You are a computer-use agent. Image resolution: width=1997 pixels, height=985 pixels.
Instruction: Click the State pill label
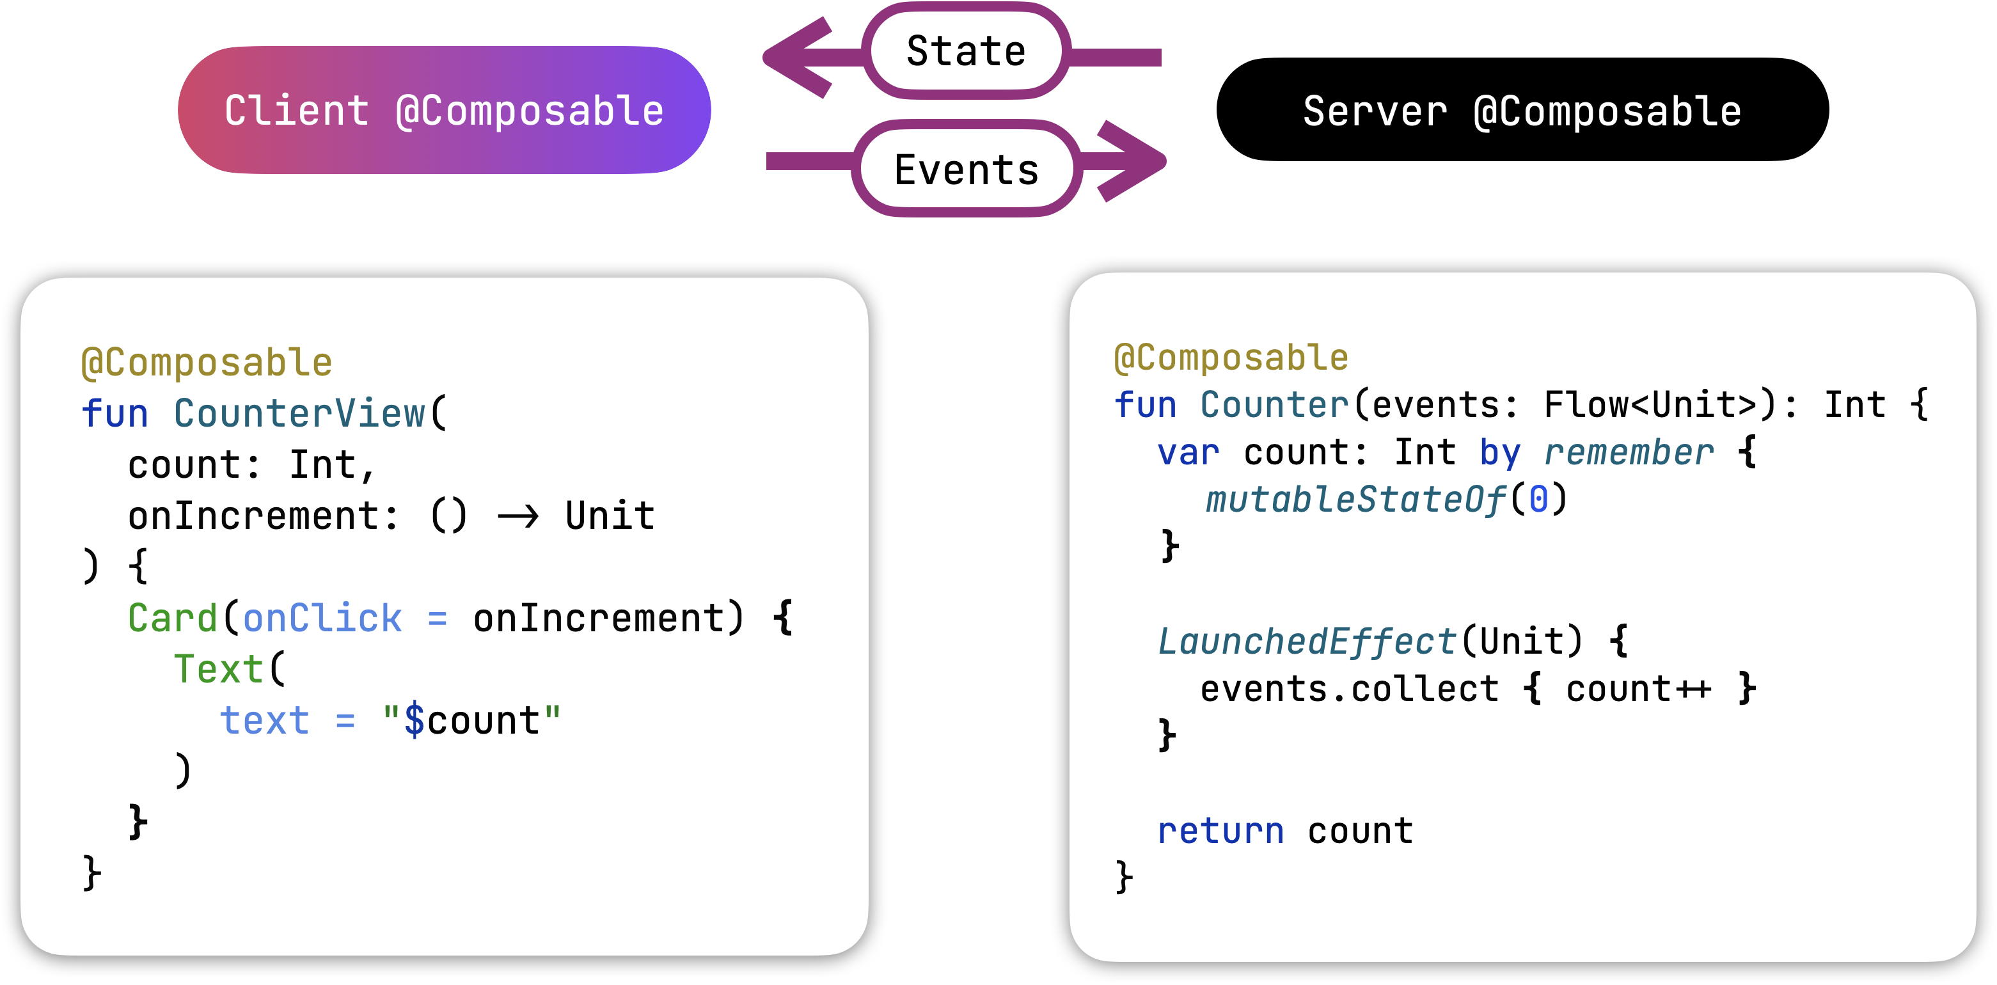(x=966, y=51)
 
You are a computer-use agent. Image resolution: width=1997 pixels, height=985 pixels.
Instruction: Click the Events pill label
(x=966, y=169)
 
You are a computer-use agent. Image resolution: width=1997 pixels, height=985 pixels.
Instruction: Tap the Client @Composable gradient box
(x=444, y=110)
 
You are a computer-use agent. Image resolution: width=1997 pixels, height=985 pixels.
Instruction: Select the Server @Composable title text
(x=1522, y=111)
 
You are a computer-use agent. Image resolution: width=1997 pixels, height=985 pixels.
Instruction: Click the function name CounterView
(x=299, y=413)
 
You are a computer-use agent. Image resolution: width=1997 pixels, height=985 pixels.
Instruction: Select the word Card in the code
(x=172, y=619)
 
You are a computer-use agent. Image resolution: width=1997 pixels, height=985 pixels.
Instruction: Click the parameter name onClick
(x=322, y=619)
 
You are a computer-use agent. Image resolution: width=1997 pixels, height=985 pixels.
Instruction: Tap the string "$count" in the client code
(x=471, y=721)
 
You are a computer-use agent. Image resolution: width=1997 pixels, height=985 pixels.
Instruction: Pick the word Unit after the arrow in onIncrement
(x=610, y=516)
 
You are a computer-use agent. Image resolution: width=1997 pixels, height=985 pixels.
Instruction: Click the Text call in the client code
(x=219, y=670)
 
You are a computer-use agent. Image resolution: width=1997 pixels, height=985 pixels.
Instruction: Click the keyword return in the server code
(x=1221, y=831)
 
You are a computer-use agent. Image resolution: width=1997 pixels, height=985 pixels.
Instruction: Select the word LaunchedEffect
(x=1307, y=642)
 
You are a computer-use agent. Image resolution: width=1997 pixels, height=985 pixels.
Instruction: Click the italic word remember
(x=1629, y=453)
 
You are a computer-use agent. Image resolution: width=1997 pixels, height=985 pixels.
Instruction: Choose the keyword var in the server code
(x=1188, y=453)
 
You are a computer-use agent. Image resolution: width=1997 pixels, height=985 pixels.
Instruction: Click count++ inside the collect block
(x=1638, y=689)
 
